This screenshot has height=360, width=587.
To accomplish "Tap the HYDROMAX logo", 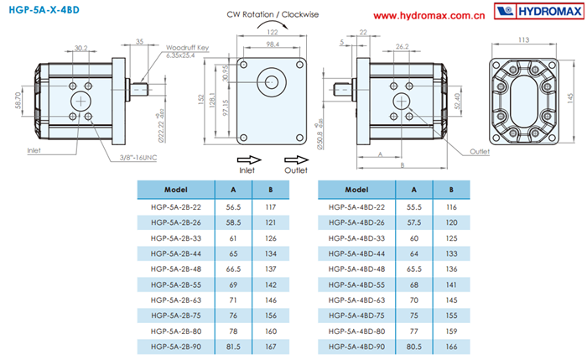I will pos(537,13).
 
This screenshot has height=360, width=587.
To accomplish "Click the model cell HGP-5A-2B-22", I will pos(174,206).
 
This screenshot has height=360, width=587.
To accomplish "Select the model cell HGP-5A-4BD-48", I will pos(356,269).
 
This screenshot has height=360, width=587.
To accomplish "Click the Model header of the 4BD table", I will pos(356,190).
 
